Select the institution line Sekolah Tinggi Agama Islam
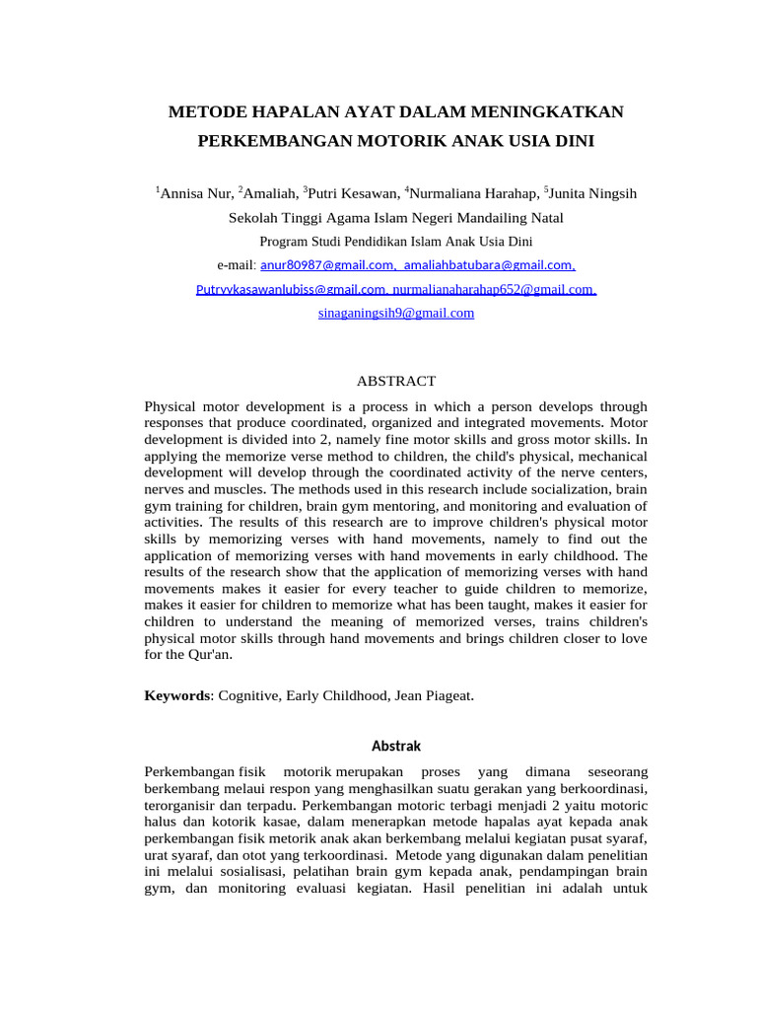point(396,218)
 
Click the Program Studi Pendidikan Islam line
point(396,242)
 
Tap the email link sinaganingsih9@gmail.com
point(396,313)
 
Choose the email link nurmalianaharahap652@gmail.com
point(494,289)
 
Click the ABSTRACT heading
point(395,381)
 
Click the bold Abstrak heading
point(395,746)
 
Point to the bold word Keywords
point(177,695)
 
